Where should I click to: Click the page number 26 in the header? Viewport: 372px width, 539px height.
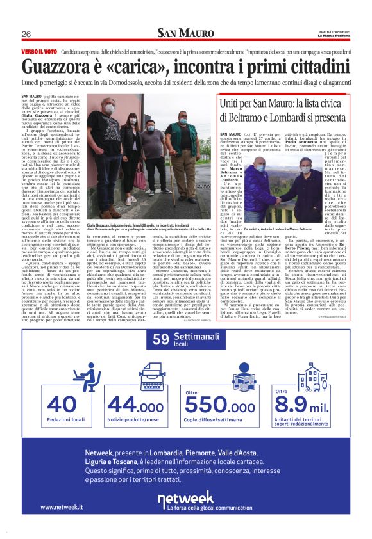point(26,34)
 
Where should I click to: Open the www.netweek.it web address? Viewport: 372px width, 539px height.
point(62,507)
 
